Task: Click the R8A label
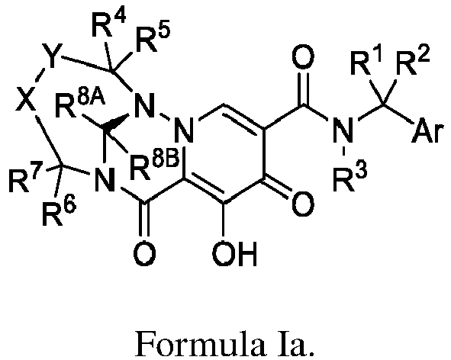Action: (79, 105)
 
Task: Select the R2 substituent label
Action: (412, 63)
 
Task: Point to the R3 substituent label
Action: (350, 178)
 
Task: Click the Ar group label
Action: (427, 131)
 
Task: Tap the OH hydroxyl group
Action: (234, 254)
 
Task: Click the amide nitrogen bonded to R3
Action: (343, 131)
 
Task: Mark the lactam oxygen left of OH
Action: (145, 254)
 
